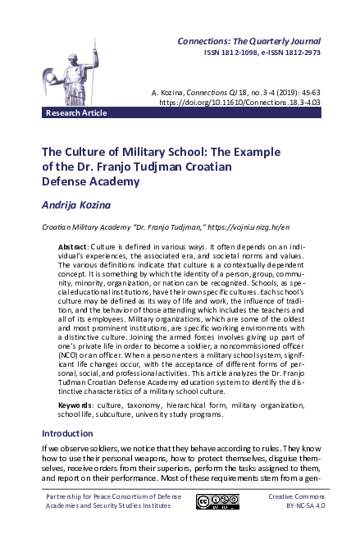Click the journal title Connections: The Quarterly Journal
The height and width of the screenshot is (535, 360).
[250, 40]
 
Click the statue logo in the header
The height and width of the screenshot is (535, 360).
[70, 70]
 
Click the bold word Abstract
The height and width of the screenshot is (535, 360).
[76, 247]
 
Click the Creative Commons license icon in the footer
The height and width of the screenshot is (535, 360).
[217, 502]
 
